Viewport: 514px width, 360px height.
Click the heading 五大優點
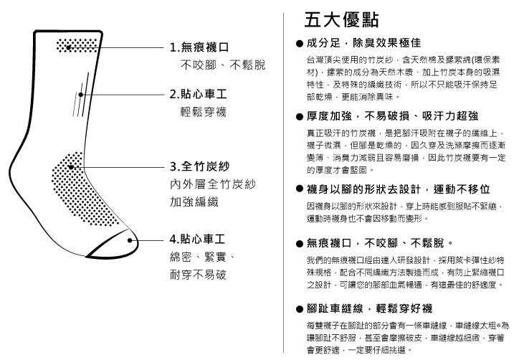click(x=341, y=19)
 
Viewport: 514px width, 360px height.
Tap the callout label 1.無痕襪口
click(x=199, y=47)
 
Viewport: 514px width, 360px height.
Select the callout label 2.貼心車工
click(x=198, y=95)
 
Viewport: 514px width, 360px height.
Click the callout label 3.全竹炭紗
click(x=199, y=166)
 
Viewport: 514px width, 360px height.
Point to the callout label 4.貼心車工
click(x=197, y=239)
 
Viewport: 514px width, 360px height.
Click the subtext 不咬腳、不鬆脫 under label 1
click(x=223, y=65)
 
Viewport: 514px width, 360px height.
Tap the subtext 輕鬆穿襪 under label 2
click(x=204, y=112)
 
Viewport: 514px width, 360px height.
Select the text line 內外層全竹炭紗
click(x=213, y=184)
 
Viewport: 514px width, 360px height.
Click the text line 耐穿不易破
click(x=198, y=275)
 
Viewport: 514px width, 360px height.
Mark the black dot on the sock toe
click(x=130, y=240)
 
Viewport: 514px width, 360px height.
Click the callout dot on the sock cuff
click(x=69, y=47)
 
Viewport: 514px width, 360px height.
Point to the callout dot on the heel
click(x=71, y=167)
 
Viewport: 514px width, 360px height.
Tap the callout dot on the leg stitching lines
click(x=80, y=95)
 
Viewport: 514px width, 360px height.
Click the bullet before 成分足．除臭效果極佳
click(x=299, y=43)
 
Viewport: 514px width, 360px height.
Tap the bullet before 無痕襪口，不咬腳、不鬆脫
click(x=299, y=244)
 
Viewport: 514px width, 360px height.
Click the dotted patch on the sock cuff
click(x=77, y=45)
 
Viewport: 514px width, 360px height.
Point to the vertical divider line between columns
click(x=284, y=183)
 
